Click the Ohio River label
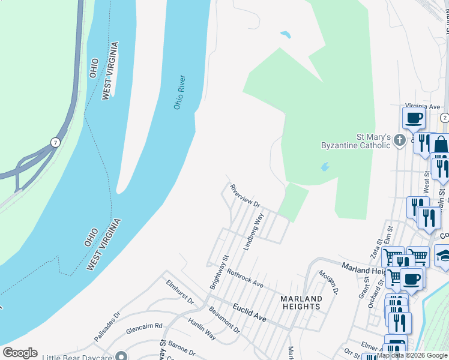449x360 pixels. click(179, 92)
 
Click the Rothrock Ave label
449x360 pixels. click(245, 277)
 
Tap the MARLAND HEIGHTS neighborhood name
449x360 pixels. click(301, 302)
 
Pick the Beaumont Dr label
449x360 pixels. click(224, 320)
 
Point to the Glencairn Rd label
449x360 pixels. click(145, 326)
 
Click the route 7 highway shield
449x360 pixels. click(55, 142)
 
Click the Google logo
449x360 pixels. click(20, 353)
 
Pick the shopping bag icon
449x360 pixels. click(441, 145)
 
